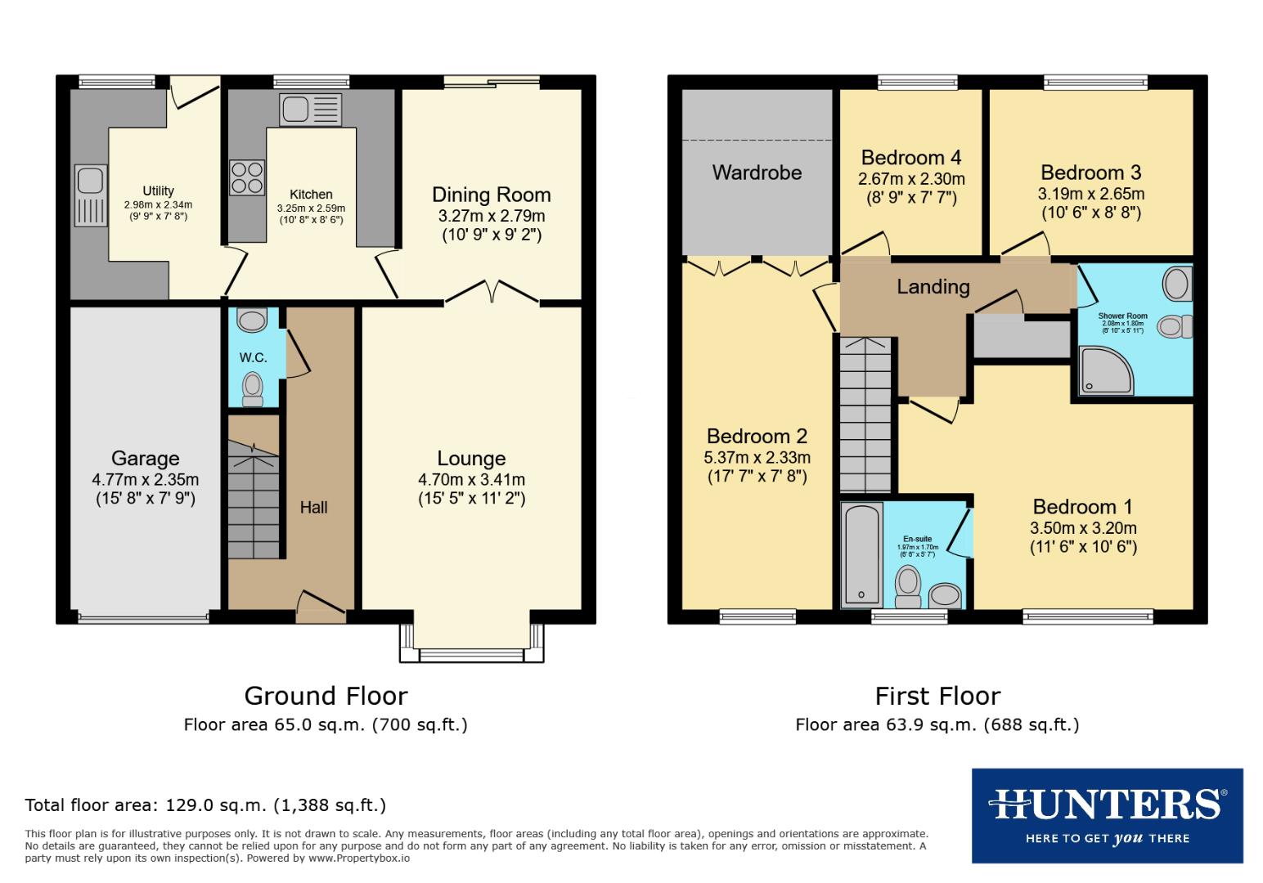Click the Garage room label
tap(146, 459)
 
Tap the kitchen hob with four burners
tap(248, 177)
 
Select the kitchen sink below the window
tap(310, 110)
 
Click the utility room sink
tap(90, 195)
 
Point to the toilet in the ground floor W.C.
tap(254, 388)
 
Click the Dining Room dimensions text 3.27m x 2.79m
tap(491, 217)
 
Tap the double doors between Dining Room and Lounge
tap(492, 293)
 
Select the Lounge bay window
tap(470, 654)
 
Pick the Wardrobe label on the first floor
tap(757, 173)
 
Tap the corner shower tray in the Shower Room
tap(1106, 369)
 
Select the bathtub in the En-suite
tap(861, 555)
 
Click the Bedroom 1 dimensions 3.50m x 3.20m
tap(1083, 528)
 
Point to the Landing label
tap(933, 287)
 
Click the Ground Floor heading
tap(326, 696)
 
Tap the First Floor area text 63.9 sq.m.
tap(937, 724)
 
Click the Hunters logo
tap(1107, 815)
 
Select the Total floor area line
tap(205, 805)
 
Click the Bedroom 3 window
tap(1095, 82)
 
